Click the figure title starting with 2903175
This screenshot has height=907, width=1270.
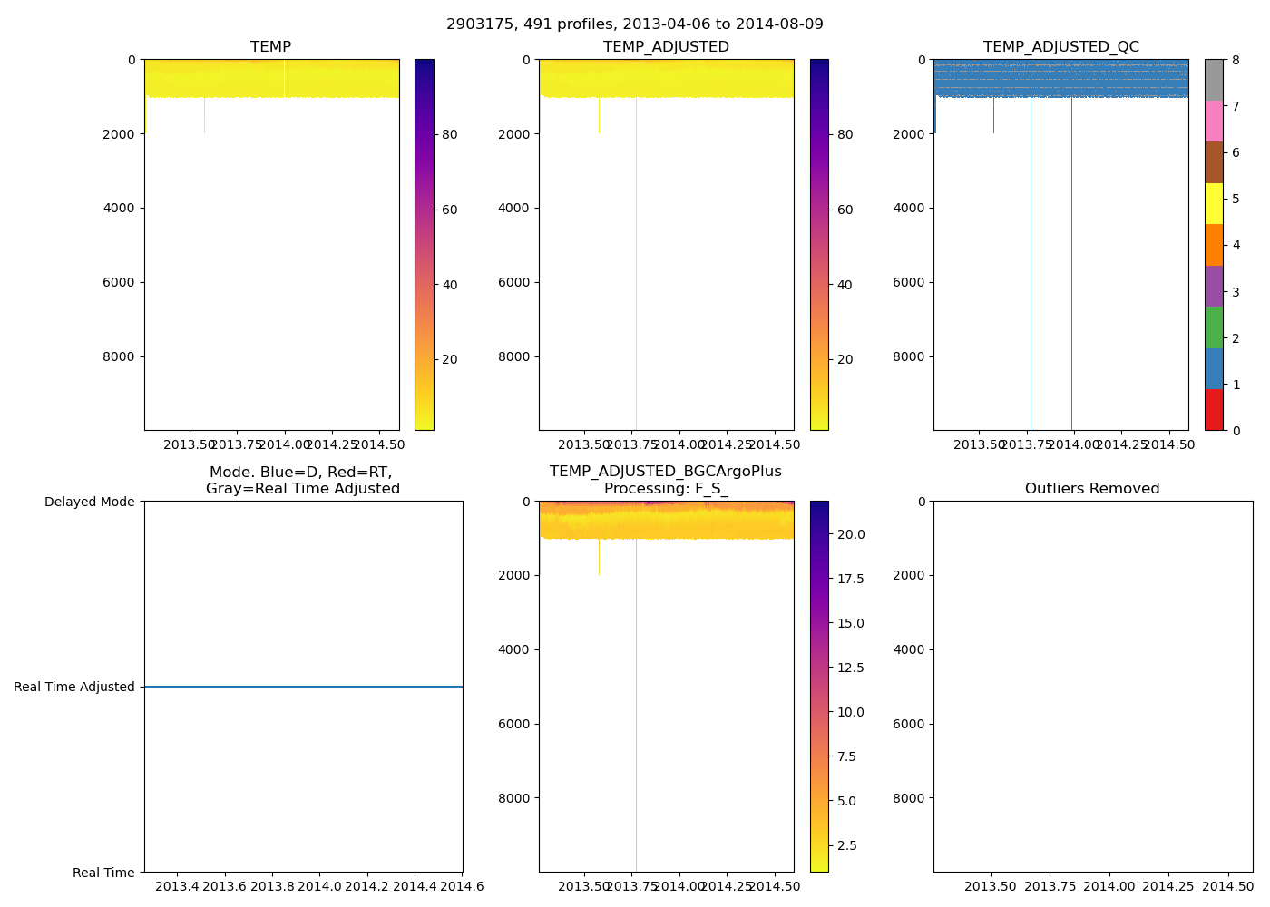(634, 24)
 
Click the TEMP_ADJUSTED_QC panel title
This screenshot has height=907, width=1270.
(1060, 47)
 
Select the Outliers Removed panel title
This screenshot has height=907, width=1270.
(1092, 489)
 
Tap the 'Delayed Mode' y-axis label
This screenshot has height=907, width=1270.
(89, 502)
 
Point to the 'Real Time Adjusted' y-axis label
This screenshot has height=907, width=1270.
(74, 688)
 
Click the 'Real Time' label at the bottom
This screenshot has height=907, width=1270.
(103, 873)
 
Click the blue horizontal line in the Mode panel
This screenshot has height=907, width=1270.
(303, 688)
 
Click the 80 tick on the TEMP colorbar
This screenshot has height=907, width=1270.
(449, 134)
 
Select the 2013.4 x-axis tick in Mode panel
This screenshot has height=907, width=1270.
(177, 886)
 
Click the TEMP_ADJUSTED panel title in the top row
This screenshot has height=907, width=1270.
(666, 47)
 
